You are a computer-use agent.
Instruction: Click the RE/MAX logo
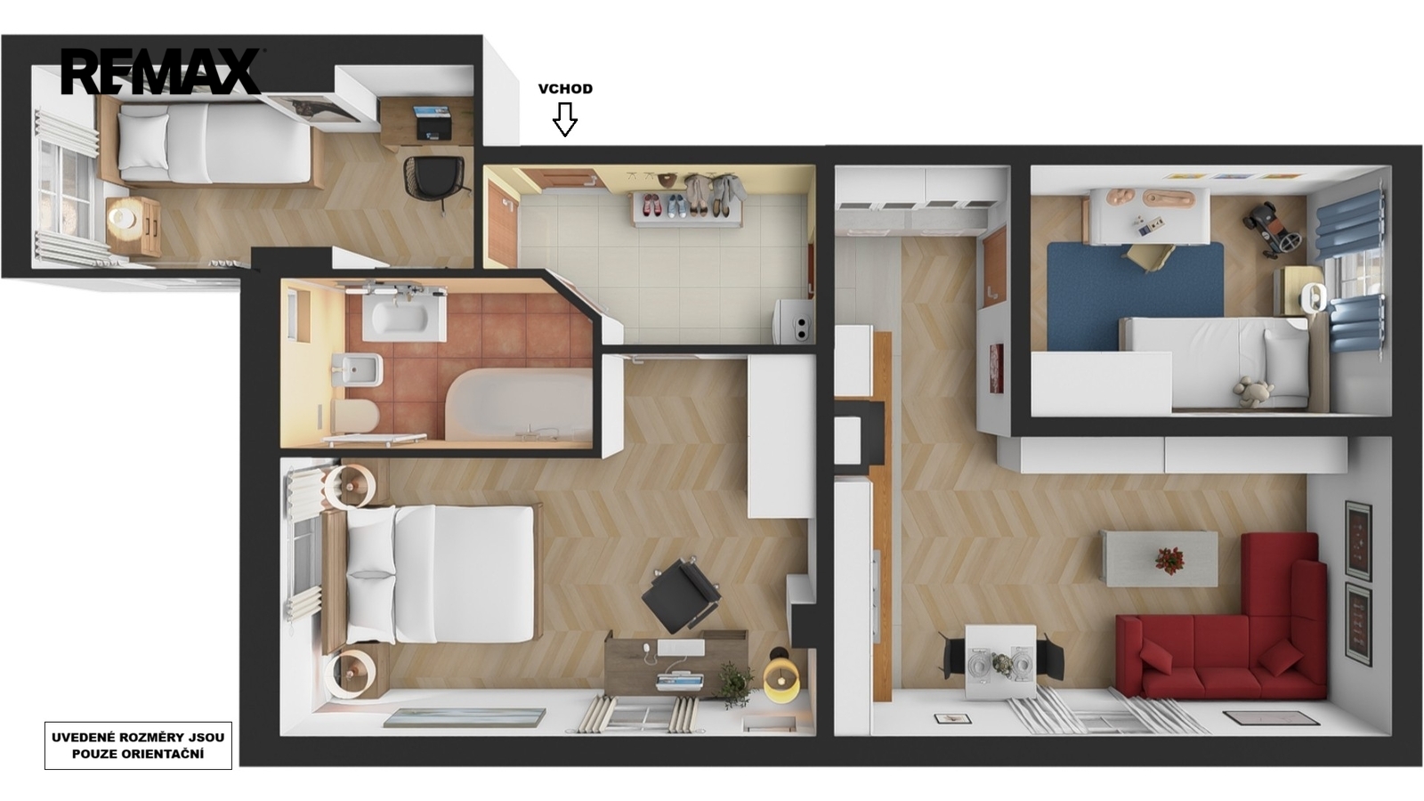(161, 71)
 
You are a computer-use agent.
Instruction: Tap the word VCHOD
(565, 89)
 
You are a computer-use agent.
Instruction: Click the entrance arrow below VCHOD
(564, 119)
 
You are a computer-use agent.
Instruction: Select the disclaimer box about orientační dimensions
(138, 746)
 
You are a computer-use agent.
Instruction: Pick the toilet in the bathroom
(355, 415)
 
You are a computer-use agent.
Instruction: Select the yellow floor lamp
(781, 682)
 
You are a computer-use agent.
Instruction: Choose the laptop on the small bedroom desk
(433, 123)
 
